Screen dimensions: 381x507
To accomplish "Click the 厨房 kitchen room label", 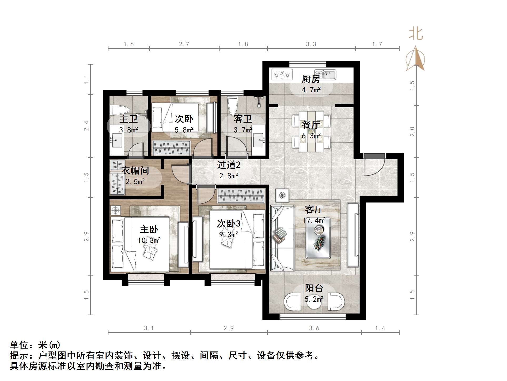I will pos(311,79).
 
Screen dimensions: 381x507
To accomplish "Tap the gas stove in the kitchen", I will pos(282,74).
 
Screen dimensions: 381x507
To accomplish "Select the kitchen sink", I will pos(325,74).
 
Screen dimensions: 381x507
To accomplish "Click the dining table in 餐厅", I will pos(311,131).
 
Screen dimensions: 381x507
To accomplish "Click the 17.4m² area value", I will pos(314,220).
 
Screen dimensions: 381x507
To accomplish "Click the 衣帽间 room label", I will pos(135,171).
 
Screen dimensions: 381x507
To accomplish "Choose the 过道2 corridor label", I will pos(228,165).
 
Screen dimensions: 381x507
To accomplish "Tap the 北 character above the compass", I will pos(416,34).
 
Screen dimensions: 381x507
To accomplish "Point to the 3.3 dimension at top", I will pos(311,44).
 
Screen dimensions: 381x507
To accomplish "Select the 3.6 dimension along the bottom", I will pos(314,328).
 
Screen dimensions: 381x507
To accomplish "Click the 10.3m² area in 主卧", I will pos(149,240).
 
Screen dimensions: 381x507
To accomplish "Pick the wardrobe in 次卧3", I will pos(241,196).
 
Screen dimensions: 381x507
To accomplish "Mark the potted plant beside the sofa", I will pos(282,195).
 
